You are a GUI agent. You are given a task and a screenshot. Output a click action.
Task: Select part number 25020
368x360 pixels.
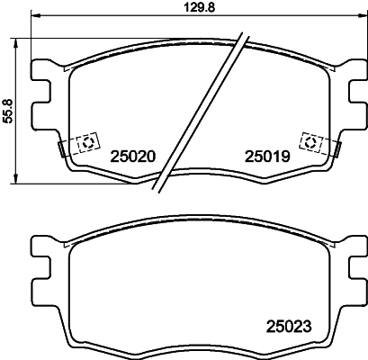[x=133, y=155]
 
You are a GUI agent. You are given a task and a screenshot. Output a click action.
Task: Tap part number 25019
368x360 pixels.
[x=266, y=155]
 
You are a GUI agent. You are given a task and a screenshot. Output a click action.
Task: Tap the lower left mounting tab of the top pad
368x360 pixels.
[x=40, y=114]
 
